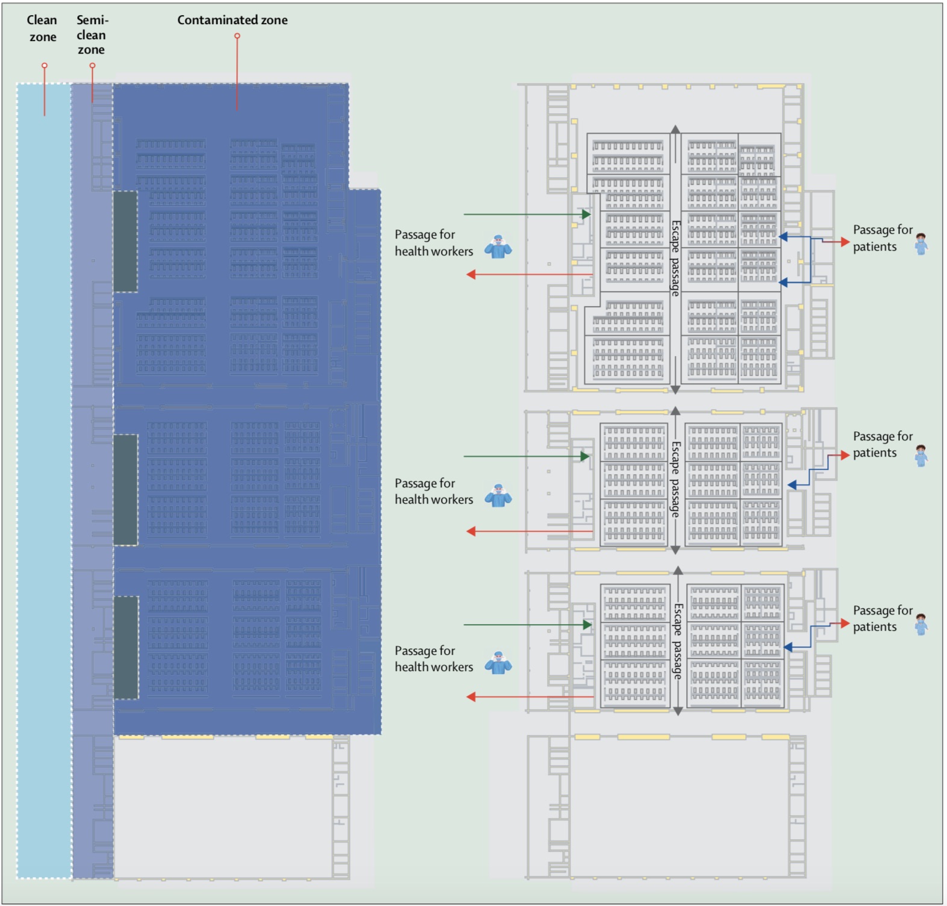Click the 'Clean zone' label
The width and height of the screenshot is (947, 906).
point(42,28)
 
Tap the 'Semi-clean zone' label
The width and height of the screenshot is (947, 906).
point(92,35)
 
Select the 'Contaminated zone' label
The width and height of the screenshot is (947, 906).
point(232,20)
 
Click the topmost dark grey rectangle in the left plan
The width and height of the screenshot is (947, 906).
point(125,241)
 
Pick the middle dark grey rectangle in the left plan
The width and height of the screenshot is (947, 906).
point(125,490)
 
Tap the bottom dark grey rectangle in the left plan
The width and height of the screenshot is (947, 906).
point(126,648)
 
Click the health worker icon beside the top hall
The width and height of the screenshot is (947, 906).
point(498,247)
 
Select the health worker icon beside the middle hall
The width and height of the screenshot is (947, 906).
point(498,496)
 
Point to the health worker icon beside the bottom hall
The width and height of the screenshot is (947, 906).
point(498,663)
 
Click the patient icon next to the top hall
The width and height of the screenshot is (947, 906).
point(921,244)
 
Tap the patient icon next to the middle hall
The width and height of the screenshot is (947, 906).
point(921,456)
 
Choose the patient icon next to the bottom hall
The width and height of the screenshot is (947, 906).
point(921,624)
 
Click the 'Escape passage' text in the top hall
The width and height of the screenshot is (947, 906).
point(676,258)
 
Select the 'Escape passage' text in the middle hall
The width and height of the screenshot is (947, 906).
point(676,479)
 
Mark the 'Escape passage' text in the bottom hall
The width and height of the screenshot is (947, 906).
point(678,641)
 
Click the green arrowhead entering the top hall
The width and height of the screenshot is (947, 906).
point(586,214)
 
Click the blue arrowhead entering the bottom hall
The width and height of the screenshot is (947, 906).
point(789,647)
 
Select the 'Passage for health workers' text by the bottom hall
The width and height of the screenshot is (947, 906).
point(434,658)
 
